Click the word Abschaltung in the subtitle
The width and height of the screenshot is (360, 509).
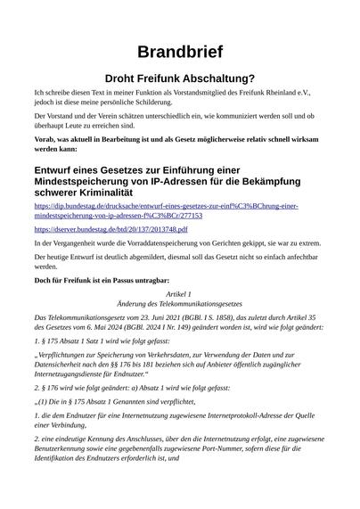coord(215,78)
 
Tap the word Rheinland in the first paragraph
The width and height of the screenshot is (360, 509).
coord(278,93)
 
